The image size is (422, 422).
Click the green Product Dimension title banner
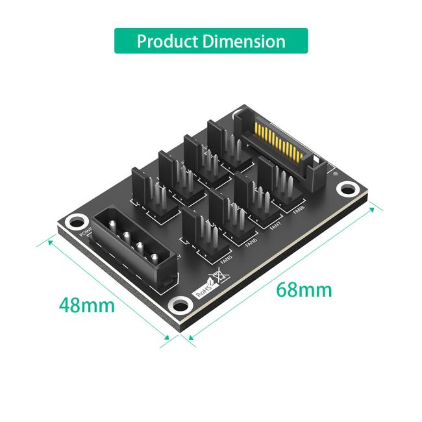211,41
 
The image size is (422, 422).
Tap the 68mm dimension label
303,289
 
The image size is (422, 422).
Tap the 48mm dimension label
86,304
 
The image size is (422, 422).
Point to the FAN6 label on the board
251,242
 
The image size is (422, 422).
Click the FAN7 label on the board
275,227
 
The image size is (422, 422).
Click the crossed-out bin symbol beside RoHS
221,278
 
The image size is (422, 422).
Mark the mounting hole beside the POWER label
77,221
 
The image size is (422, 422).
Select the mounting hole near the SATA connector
349,189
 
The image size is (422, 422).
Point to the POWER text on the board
84,234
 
